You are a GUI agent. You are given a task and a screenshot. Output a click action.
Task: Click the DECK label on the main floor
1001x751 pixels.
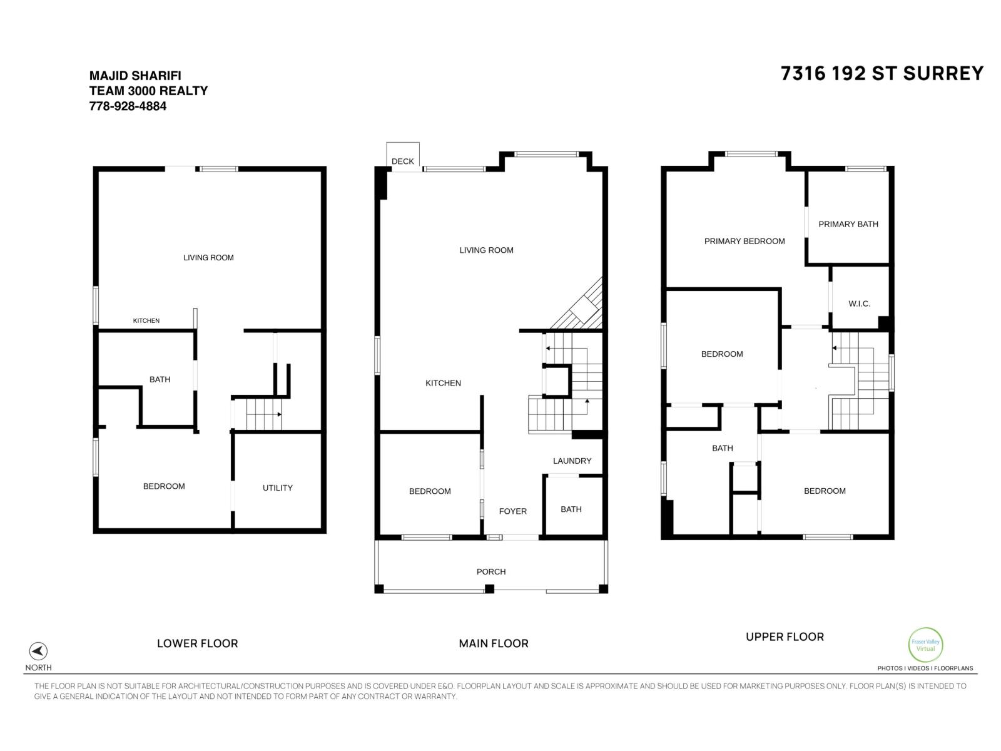[x=402, y=161]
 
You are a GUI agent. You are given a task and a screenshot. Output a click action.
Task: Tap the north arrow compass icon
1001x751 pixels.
[x=38, y=651]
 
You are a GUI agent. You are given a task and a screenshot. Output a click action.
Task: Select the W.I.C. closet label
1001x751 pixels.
[x=859, y=304]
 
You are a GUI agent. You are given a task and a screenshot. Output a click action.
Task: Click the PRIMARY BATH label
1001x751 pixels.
[x=848, y=224]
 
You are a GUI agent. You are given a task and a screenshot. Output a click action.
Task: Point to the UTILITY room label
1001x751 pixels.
[x=277, y=488]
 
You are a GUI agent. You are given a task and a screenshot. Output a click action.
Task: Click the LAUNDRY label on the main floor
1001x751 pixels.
[x=572, y=461]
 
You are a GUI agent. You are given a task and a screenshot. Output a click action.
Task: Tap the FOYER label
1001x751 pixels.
[x=512, y=511]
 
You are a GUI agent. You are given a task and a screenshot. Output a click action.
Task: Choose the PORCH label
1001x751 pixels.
[x=490, y=571]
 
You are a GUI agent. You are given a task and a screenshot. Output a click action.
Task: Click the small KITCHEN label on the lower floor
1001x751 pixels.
[x=146, y=320]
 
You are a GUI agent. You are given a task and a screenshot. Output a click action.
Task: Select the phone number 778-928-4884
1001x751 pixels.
[x=128, y=106]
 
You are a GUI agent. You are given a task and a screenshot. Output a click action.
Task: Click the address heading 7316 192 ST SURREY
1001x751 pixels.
[x=882, y=74]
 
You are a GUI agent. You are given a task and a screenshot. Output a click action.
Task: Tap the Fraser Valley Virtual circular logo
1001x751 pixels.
[x=925, y=645]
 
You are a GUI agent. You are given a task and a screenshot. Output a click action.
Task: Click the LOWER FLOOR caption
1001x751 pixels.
[x=197, y=643]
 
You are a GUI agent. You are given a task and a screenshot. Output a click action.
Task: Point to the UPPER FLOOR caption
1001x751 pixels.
[x=785, y=636]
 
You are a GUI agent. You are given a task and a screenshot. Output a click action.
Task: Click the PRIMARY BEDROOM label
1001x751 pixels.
[x=744, y=241]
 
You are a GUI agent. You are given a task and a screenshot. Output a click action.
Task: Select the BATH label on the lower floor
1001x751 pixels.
[x=160, y=379]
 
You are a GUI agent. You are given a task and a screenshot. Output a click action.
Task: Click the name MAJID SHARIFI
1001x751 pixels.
[x=135, y=76]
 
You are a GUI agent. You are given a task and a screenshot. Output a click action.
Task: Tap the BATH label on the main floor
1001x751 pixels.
[x=571, y=509]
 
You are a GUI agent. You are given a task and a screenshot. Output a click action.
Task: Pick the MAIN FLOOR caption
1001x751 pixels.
[x=493, y=643]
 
